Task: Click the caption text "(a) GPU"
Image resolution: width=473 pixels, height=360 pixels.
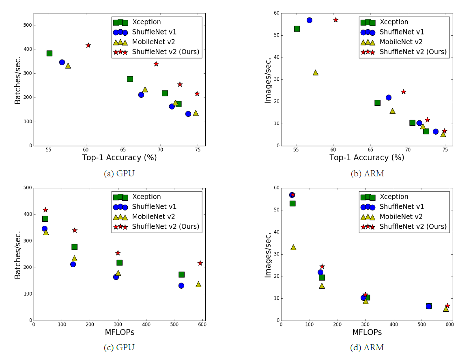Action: click(x=119, y=174)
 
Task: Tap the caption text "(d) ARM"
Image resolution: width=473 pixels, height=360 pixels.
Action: click(x=367, y=347)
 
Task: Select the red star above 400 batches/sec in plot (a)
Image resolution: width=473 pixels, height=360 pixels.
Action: click(x=88, y=45)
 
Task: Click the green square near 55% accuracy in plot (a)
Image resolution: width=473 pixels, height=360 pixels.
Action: click(x=49, y=53)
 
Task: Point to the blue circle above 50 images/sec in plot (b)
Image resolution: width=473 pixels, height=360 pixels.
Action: click(x=309, y=20)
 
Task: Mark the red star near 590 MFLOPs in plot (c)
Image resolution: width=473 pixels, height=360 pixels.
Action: click(x=200, y=263)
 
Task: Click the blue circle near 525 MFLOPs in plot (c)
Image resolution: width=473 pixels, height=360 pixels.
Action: click(x=181, y=285)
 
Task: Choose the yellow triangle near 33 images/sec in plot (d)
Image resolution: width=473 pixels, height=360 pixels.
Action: click(x=293, y=247)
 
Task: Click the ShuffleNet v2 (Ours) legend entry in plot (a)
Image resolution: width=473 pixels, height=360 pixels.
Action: click(x=158, y=52)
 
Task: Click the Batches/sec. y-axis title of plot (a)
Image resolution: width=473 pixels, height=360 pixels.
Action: click(x=18, y=79)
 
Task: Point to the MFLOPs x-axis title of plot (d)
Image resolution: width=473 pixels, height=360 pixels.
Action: click(x=367, y=332)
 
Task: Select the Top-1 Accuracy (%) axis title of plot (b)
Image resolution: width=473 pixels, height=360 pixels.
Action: click(x=367, y=158)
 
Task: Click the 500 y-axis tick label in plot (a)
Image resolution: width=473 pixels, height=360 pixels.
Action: click(x=27, y=25)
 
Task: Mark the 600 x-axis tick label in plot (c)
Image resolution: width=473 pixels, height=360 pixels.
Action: click(x=202, y=324)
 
